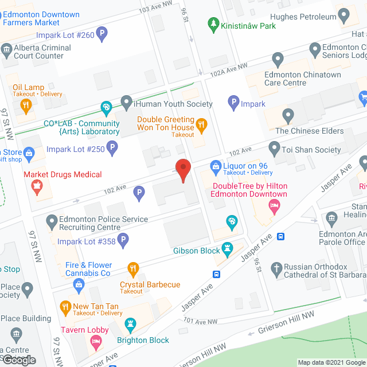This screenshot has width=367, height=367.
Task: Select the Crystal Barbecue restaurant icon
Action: pyautogui.click(x=133, y=268)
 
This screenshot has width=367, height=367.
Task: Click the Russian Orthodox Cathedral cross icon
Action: pyautogui.click(x=276, y=268)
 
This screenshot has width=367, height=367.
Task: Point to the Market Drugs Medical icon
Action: pyautogui.click(x=37, y=186)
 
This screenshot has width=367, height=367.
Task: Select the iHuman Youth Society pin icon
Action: pyautogui.click(x=127, y=103)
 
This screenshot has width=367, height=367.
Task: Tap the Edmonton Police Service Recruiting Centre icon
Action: pyautogui.click(x=52, y=220)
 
